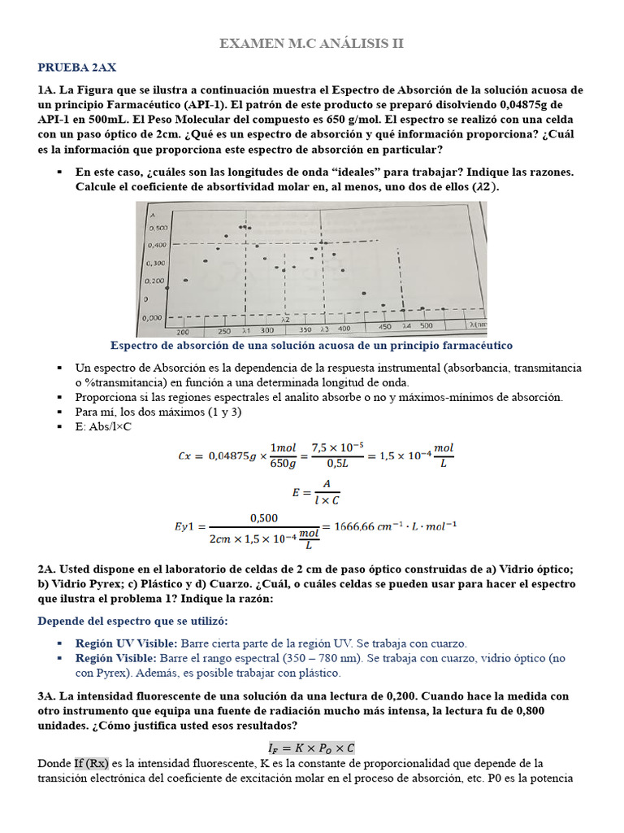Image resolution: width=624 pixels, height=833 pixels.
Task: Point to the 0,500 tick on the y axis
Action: click(x=157, y=229)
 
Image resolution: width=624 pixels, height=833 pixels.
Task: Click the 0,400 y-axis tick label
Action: click(x=157, y=245)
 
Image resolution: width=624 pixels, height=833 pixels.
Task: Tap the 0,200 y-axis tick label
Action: click(x=154, y=281)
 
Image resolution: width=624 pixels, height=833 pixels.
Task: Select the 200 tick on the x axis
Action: click(x=183, y=333)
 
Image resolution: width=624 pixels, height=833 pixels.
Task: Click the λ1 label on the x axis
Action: click(x=245, y=332)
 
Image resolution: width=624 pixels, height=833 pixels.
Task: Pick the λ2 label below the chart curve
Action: click(x=285, y=321)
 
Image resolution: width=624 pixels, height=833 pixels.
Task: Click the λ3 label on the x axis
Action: click(x=323, y=329)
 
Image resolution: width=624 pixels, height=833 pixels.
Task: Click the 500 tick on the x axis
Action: click(x=427, y=326)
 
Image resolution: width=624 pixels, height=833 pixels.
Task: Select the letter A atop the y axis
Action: click(x=151, y=214)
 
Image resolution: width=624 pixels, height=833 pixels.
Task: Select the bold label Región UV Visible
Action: click(x=115, y=643)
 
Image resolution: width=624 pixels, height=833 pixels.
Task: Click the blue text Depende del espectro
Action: click(x=95, y=621)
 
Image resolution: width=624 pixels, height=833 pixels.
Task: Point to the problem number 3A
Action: click(x=45, y=696)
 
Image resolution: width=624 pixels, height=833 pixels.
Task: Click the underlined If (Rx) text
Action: click(x=91, y=763)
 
